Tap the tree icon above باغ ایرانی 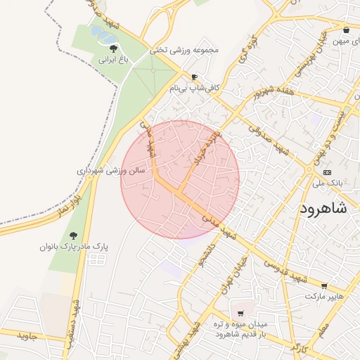pos(114,48)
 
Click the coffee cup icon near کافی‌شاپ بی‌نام pos(195,77)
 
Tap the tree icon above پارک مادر pos(74,236)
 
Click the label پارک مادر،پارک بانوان pos(74,247)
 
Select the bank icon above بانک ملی pos(327,172)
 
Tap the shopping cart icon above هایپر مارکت pos(324,285)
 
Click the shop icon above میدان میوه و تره pos(240,312)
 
